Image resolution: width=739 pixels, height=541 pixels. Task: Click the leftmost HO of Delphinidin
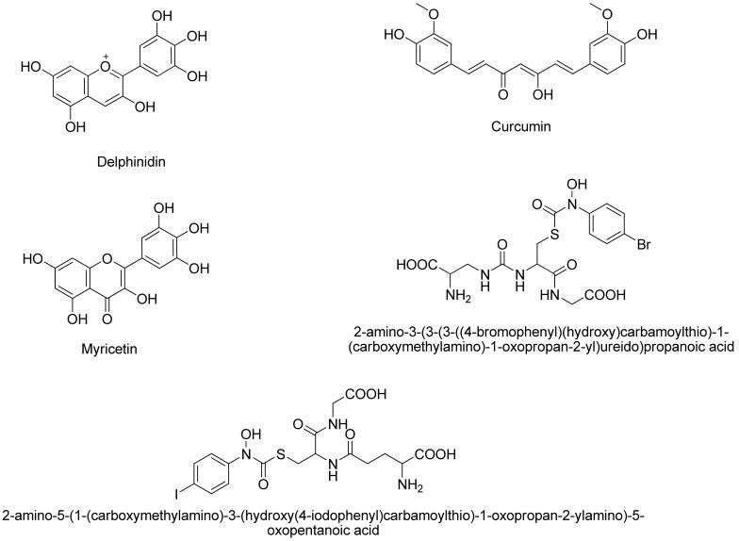click(28, 69)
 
